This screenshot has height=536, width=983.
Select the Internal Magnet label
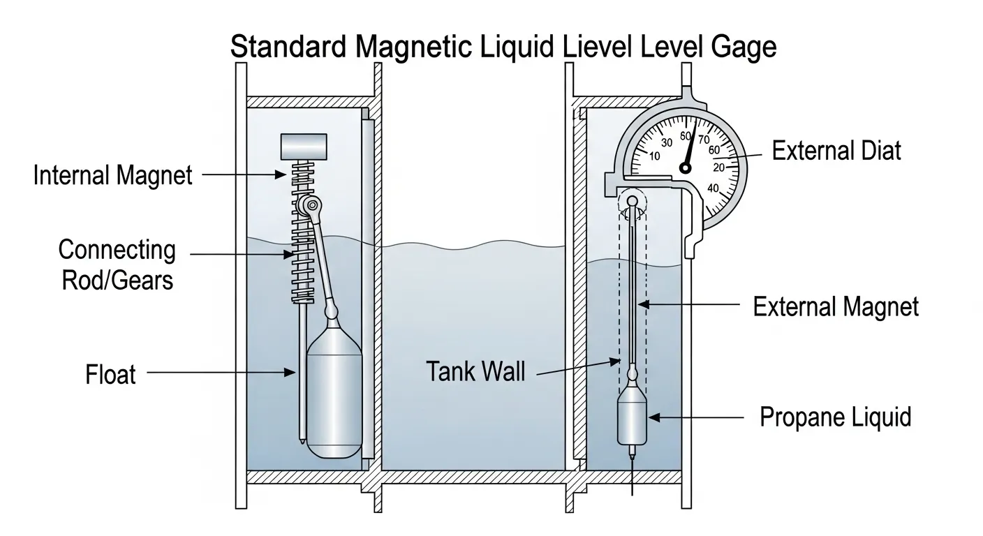point(112,175)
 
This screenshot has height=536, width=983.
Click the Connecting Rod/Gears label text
point(117,265)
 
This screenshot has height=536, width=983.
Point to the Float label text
point(110,375)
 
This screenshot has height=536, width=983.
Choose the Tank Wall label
point(475,372)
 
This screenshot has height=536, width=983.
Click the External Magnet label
point(836,306)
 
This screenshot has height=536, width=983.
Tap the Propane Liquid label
point(835,417)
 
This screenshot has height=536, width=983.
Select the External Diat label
point(836,151)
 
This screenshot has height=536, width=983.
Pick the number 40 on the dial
point(713,188)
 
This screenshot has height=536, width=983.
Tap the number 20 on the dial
point(719,167)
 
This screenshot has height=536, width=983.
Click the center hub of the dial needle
point(686,168)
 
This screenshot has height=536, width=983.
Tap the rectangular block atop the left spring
point(304,146)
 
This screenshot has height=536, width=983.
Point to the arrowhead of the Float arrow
point(294,374)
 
